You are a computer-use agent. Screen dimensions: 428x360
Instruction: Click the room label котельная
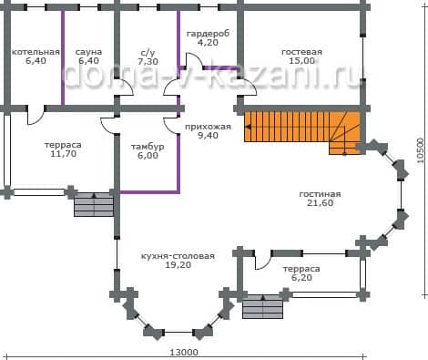pos(36,52)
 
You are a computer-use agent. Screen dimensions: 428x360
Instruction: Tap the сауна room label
pos(88,52)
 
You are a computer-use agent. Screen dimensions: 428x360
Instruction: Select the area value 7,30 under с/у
pos(148,62)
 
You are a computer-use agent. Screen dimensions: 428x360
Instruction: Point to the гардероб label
pos(208,34)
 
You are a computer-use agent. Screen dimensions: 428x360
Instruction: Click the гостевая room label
pos(301,52)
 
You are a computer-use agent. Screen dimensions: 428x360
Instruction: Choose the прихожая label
pos(208,127)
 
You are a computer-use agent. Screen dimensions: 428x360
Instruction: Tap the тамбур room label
pos(148,147)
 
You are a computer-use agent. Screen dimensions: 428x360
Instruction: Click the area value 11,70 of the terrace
pos(64,154)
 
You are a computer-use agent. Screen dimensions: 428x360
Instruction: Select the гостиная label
pos(320,194)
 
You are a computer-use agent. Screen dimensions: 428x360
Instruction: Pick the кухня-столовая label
pos(178,256)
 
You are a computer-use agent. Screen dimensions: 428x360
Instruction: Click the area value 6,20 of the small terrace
pos(301,278)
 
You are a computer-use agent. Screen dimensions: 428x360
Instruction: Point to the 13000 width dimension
pos(184,353)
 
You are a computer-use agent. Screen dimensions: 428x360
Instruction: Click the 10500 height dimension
pos(421,150)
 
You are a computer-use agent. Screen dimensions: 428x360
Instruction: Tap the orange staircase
pos(302,129)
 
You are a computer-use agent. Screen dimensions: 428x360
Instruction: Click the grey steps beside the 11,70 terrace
pos(94,204)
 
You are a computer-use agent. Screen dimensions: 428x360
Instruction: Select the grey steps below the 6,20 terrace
pos(263,306)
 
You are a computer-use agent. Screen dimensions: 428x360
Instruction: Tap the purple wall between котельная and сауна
pos(63,57)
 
